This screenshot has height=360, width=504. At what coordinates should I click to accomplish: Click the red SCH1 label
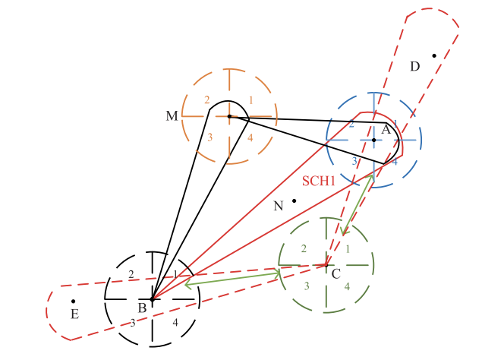point(318,182)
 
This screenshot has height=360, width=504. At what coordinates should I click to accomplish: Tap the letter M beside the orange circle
point(172,116)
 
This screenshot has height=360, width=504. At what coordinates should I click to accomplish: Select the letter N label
point(278,205)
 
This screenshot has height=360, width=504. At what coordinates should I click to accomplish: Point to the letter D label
point(414,67)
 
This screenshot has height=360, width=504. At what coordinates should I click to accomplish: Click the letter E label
point(74,314)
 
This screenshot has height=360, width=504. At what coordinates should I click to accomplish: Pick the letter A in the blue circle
point(386,130)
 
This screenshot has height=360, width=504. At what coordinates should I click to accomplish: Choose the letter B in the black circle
point(142,308)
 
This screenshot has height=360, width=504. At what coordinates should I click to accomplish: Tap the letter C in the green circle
point(335,274)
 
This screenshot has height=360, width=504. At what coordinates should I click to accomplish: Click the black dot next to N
point(295,201)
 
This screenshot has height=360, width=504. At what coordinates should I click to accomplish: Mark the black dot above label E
point(73,302)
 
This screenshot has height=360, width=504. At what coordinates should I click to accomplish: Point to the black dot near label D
point(434,55)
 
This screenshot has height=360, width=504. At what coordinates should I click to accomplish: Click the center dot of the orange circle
point(229,116)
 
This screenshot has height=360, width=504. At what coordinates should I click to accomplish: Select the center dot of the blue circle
point(373,140)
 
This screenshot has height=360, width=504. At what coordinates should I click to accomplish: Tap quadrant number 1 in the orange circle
point(250,100)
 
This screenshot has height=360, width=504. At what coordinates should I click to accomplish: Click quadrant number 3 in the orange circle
point(209,137)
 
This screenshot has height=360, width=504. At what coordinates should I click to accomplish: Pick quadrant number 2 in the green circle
point(304,249)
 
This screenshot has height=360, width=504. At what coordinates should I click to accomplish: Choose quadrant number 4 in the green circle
point(347,286)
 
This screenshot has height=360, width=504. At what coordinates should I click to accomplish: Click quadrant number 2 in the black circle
point(131,275)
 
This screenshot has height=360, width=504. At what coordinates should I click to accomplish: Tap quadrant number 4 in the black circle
point(175,323)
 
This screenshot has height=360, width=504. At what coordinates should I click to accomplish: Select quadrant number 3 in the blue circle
point(354,161)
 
